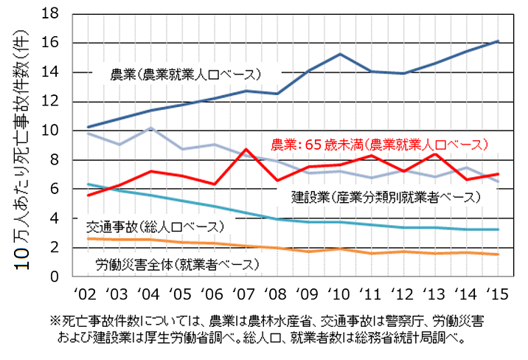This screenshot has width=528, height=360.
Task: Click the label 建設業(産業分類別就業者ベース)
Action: pos(385,197)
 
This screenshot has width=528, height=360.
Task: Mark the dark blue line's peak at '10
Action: pos(339,54)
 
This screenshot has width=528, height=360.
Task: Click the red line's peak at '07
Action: pos(245,150)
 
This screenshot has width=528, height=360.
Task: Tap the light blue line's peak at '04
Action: pos(150,128)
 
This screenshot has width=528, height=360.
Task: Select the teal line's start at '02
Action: pos(88,184)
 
